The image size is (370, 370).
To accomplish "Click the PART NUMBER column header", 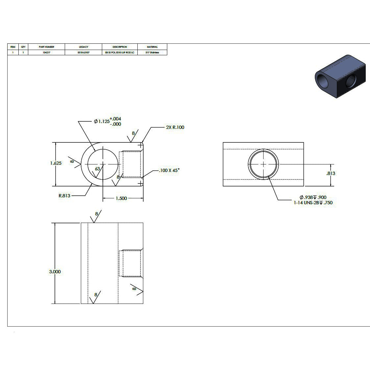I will point(46,47).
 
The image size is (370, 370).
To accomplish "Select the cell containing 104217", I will point(46,52).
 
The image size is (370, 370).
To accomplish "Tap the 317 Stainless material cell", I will point(152,52).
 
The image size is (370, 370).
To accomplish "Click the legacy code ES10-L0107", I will point(83,52).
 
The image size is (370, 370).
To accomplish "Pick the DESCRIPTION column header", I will point(120,47).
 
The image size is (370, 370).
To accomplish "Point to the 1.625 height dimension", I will point(56,163).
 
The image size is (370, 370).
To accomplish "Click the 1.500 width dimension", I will point(121,198).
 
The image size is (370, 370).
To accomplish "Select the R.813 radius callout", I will point(64,196).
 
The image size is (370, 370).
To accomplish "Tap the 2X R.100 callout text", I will point(175,127).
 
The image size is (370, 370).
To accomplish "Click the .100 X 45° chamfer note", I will point(169,170).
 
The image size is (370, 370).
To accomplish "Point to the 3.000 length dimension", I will point(55,272).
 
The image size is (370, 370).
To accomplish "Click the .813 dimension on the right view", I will point(331,173).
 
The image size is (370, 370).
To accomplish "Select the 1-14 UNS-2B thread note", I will point(313,203).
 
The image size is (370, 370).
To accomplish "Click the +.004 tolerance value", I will point(115,119).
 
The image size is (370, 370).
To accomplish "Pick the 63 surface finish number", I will point(97,169).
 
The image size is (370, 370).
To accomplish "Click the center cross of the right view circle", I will point(263,164).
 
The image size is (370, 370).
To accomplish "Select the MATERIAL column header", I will point(152,47).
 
